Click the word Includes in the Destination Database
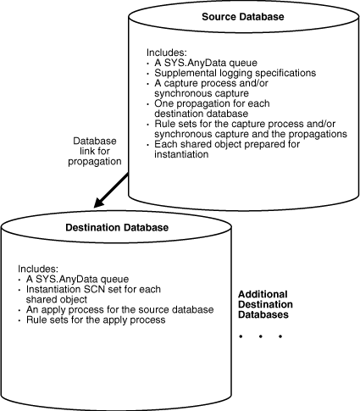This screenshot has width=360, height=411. tap(37, 267)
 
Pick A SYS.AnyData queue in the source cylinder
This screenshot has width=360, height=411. tap(197, 62)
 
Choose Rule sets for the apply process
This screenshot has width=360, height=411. tap(91, 319)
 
